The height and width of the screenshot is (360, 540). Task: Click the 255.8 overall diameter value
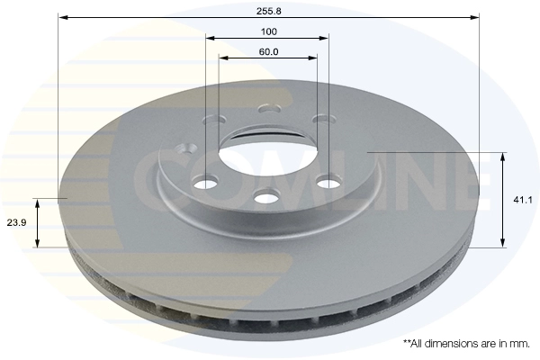click(x=268, y=11)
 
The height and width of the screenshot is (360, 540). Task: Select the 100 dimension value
click(x=268, y=31)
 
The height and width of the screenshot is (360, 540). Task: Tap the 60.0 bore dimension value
click(x=268, y=51)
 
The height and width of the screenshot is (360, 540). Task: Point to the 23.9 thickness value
click(x=16, y=222)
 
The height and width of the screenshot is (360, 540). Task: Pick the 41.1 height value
click(x=523, y=200)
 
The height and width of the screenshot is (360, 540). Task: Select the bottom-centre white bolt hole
click(x=265, y=198)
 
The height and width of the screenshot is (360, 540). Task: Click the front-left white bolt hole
click(x=206, y=183)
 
